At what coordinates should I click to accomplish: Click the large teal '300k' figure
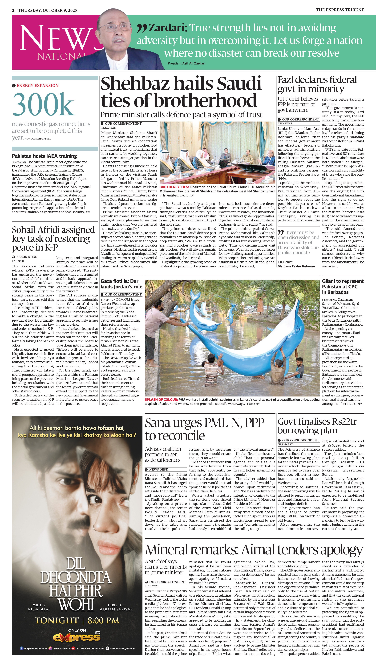[43, 104]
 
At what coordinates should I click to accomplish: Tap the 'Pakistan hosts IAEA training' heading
[44, 156]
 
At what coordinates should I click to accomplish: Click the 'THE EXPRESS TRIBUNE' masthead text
[340, 10]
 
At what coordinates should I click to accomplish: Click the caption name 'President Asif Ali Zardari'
[186, 63]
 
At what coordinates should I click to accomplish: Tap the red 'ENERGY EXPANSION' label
[37, 85]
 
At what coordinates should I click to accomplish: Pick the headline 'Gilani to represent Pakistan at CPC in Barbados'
[343, 286]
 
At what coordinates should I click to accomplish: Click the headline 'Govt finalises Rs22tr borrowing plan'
[317, 426]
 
